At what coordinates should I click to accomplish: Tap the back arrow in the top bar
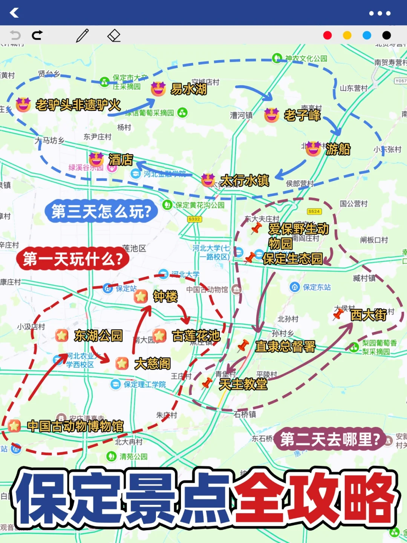tap(14, 13)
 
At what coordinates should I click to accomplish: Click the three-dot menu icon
tap(379, 13)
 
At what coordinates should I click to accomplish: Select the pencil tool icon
tap(82, 35)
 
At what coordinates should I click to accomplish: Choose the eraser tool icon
tap(114, 36)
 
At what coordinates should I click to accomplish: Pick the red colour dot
tap(327, 35)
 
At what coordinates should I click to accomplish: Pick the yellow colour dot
tap(347, 35)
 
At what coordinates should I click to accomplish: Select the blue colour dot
tap(367, 35)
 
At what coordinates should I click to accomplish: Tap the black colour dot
tap(387, 35)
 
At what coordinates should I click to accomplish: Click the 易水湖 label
tap(189, 89)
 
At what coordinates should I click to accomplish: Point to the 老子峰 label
tap(302, 115)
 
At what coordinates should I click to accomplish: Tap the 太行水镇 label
tap(245, 181)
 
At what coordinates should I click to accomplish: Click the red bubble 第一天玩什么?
tap(73, 259)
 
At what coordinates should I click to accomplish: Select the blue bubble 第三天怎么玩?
tap(101, 212)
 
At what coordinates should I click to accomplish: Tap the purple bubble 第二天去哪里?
tap(330, 439)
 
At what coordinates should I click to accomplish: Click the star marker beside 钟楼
tap(141, 296)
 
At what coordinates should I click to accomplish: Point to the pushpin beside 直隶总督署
tap(243, 345)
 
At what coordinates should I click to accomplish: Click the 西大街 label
tap(368, 315)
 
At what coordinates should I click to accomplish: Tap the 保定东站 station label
tap(317, 287)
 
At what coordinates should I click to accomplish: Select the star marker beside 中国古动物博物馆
tap(14, 426)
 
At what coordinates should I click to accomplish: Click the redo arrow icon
tap(37, 35)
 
